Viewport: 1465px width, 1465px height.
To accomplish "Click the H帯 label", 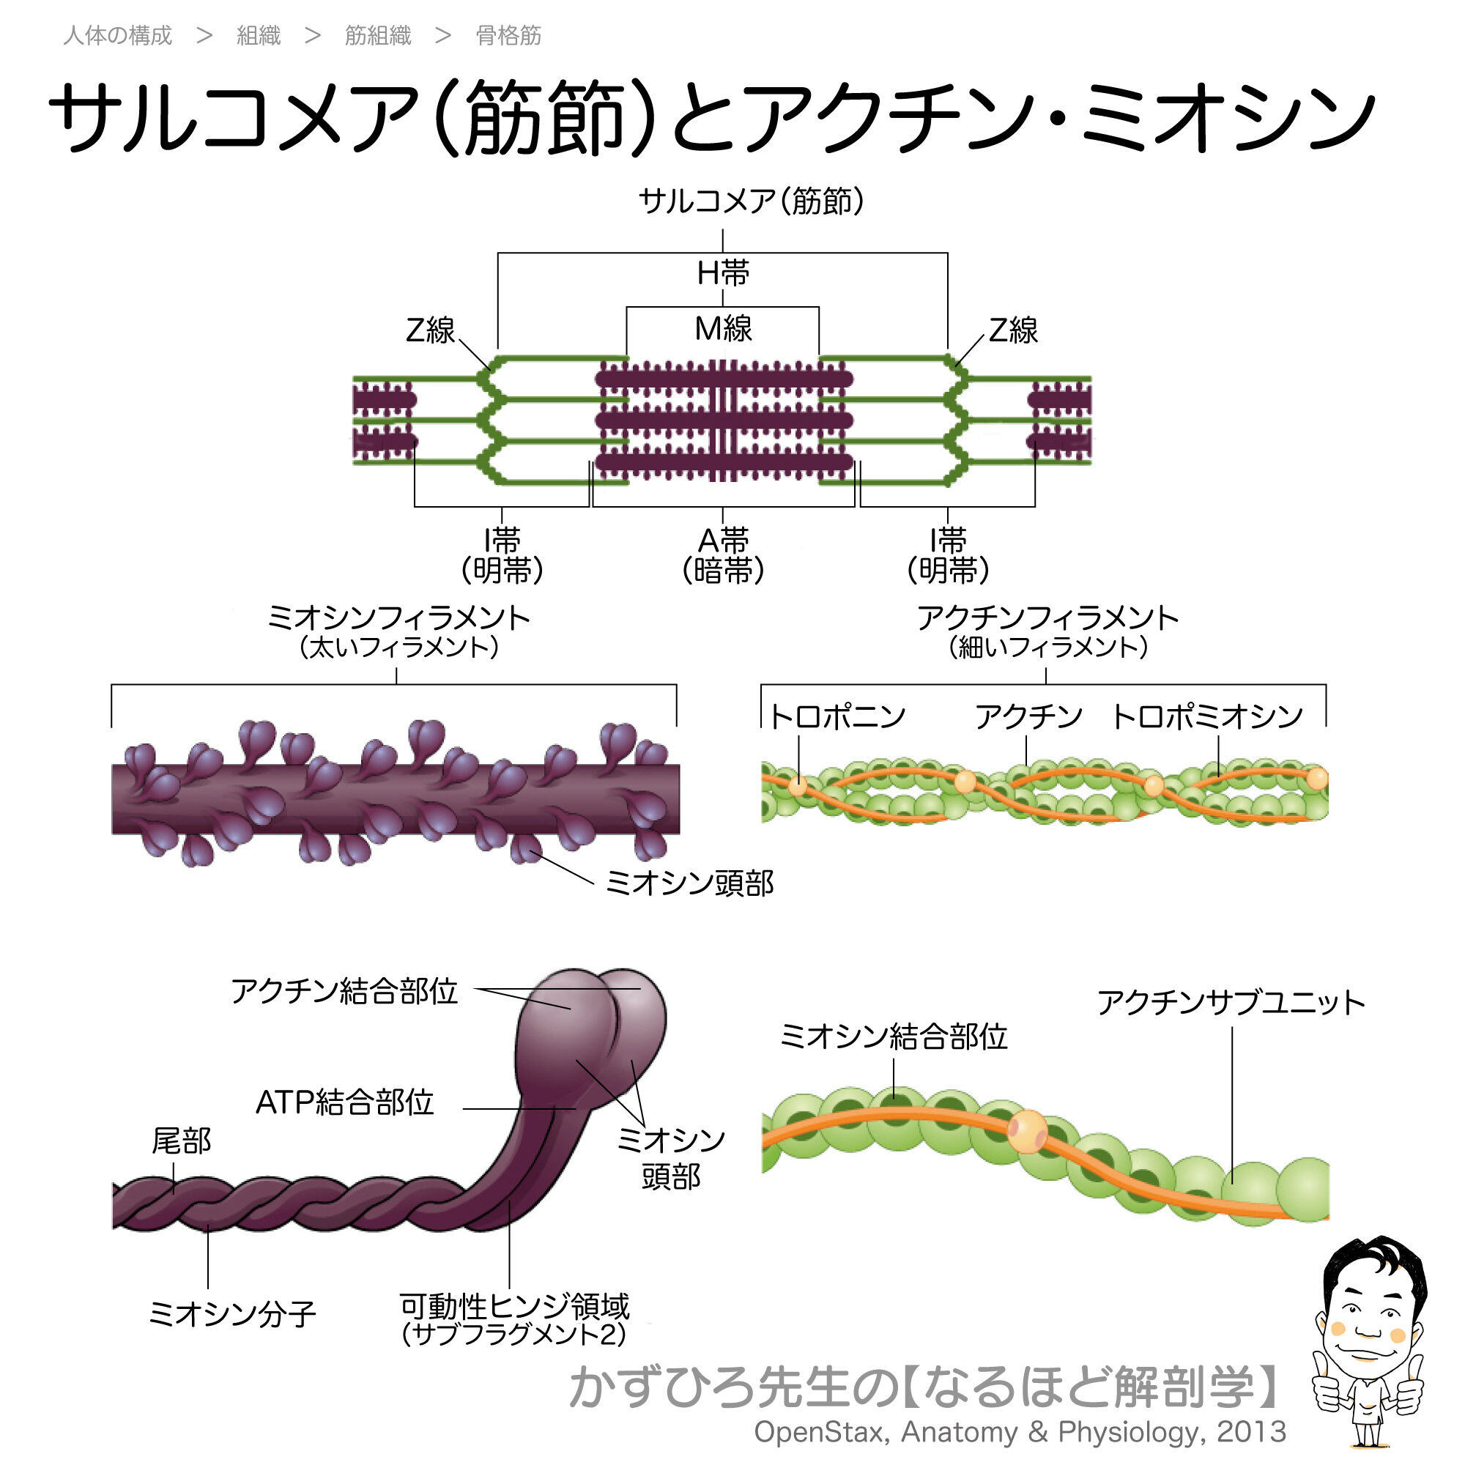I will point(723,273).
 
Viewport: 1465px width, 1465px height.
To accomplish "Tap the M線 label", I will point(723,329).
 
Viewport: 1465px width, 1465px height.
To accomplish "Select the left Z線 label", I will point(430,330).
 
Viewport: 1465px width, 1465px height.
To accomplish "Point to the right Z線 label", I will point(1013,330).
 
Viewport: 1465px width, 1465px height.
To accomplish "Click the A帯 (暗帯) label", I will point(723,556).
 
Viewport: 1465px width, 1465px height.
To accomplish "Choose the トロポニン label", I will point(837,716).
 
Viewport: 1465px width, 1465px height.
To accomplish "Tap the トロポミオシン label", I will point(1207,716).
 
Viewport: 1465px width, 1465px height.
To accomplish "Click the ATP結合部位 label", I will point(344,1102).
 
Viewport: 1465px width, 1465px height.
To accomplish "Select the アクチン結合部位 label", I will point(344,991).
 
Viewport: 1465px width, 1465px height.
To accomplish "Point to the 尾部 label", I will point(180,1141).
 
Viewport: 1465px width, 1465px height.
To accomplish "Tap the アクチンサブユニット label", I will point(1231,1003).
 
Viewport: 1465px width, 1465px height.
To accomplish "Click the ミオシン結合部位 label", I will point(893,1036).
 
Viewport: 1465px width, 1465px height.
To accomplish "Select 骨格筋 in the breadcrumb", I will point(508,36).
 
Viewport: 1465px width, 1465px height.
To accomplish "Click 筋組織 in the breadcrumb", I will point(378,36).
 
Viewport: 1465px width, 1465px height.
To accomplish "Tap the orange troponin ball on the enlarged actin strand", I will point(1027,1132).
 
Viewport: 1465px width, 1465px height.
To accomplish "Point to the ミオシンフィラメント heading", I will point(398,618).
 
